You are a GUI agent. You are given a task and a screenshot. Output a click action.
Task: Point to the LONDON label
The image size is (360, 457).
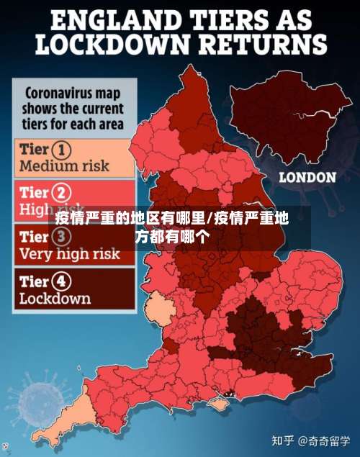pos(307,177)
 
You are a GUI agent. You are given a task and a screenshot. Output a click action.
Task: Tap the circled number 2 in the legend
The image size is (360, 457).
pos(63,193)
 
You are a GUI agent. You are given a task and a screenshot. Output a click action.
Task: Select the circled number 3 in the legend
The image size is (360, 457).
pos(63,236)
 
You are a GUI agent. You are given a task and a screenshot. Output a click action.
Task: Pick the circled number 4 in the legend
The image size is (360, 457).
pos(63,281)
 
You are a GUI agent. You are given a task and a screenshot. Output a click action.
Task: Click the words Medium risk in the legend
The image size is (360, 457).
pos(64,166)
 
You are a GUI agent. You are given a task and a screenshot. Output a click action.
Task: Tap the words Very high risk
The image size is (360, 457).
pos(69,253)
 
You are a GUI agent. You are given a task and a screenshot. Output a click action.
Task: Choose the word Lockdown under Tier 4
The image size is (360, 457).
pos(55,298)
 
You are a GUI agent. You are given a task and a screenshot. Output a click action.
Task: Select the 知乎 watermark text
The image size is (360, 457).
pos(281,438)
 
